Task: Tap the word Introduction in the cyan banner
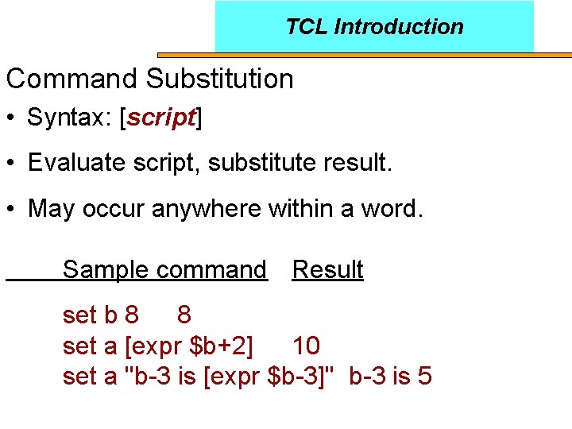pyautogui.click(x=398, y=27)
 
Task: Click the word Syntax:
pyautogui.click(x=69, y=118)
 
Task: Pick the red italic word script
pyautogui.click(x=161, y=118)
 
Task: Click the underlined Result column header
pyautogui.click(x=327, y=270)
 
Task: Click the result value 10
pyautogui.click(x=306, y=346)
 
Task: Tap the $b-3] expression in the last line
pyautogui.click(x=306, y=376)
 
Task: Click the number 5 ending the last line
pyautogui.click(x=424, y=376)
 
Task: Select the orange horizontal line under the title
pyautogui.click(x=365, y=55)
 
